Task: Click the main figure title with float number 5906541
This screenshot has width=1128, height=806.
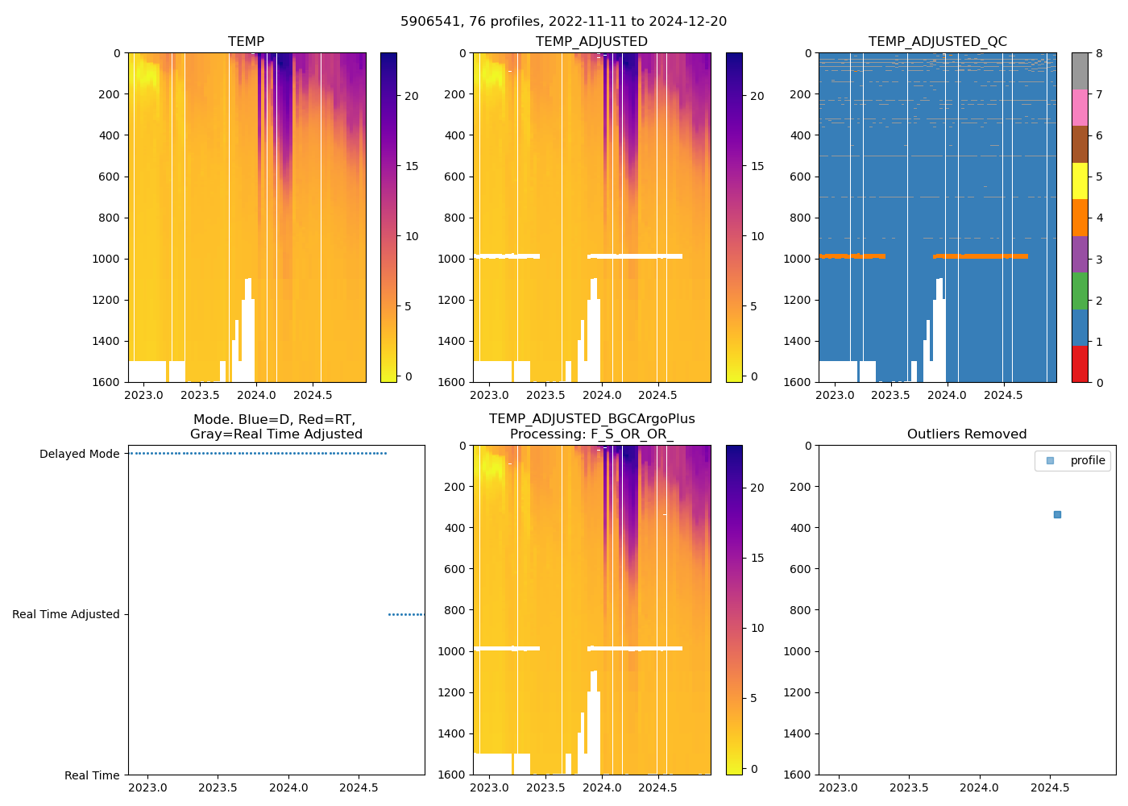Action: pyautogui.click(x=563, y=22)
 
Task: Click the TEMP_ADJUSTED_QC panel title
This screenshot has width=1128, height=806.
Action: pyautogui.click(x=937, y=42)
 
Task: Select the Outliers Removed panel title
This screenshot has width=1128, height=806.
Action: pyautogui.click(x=966, y=434)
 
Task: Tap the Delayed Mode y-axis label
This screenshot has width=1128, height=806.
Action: pyautogui.click(x=79, y=455)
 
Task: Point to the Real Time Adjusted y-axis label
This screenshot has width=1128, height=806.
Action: pyautogui.click(x=65, y=614)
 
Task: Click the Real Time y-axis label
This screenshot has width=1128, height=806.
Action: pyautogui.click(x=92, y=775)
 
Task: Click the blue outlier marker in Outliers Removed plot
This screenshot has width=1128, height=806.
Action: pyautogui.click(x=1057, y=514)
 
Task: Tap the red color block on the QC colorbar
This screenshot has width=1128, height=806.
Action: pyautogui.click(x=1080, y=364)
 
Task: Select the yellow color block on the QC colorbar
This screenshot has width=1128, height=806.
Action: pyautogui.click(x=1080, y=181)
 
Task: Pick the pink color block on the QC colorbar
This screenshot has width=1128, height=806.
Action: pyautogui.click(x=1080, y=107)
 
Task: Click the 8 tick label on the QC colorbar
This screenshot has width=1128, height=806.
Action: pyautogui.click(x=1100, y=53)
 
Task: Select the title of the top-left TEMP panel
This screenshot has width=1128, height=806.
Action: pyautogui.click(x=246, y=42)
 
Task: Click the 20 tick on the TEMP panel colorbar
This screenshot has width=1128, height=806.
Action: pyautogui.click(x=411, y=96)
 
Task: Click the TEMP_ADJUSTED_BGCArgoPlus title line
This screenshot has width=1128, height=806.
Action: pyautogui.click(x=591, y=419)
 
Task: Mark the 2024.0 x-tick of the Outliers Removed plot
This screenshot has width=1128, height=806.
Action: pyautogui.click(x=979, y=787)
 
